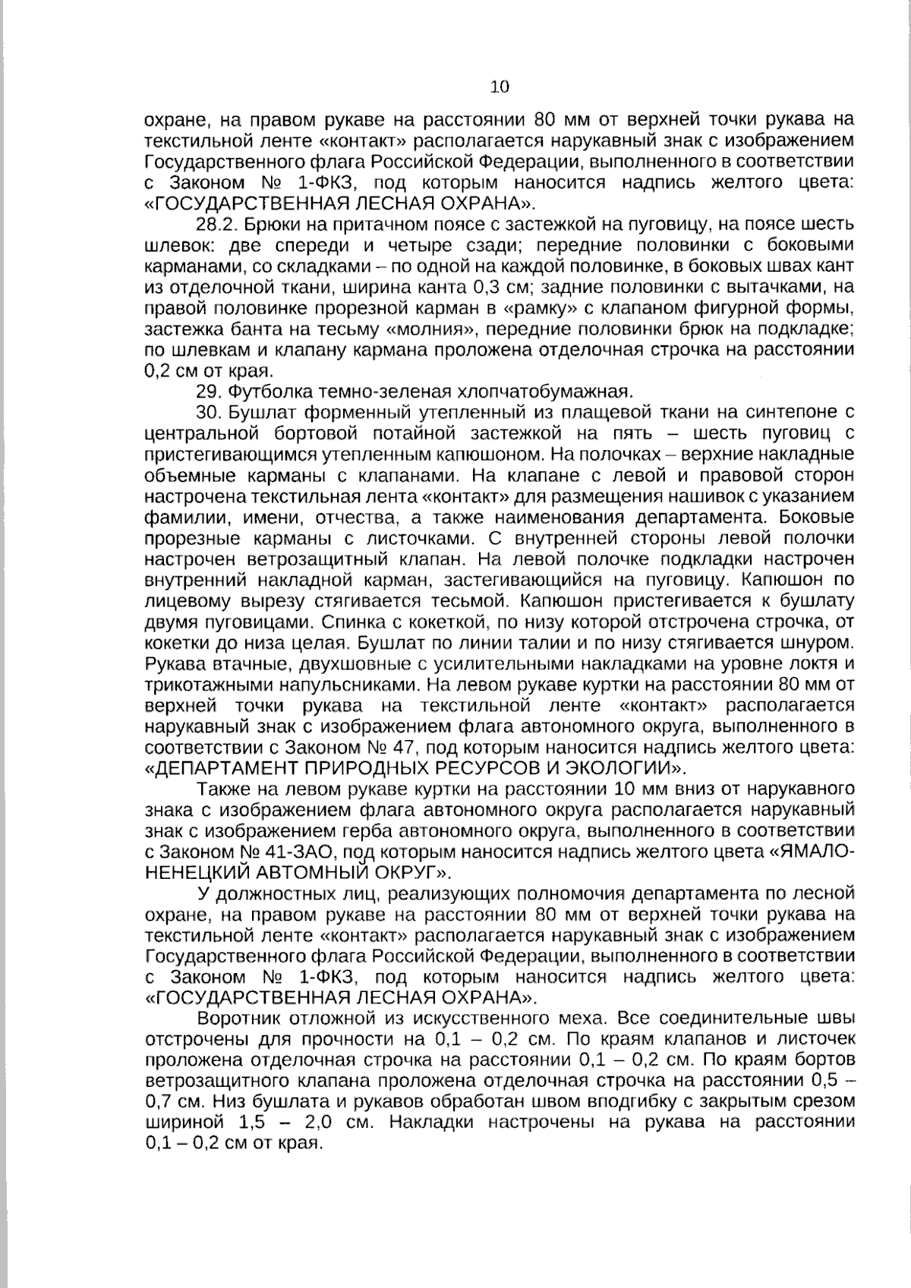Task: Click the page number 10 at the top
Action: (x=500, y=87)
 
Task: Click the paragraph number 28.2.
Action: (x=219, y=224)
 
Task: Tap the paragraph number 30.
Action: (x=210, y=413)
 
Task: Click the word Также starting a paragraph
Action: (x=221, y=789)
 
